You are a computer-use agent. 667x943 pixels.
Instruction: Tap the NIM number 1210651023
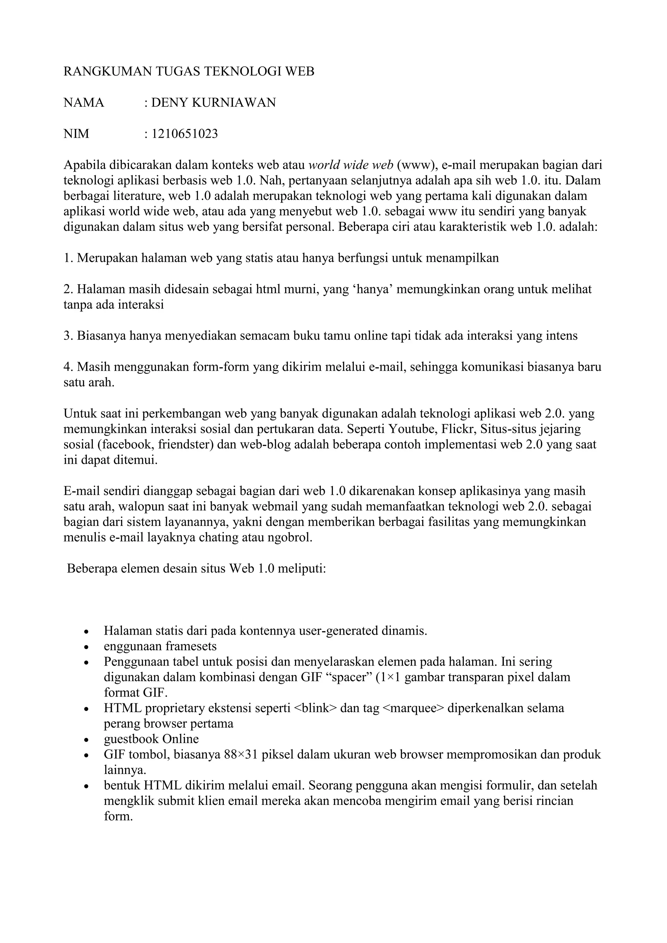click(x=185, y=134)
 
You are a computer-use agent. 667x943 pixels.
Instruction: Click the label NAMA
click(x=84, y=103)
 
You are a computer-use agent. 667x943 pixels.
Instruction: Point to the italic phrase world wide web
click(x=351, y=165)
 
